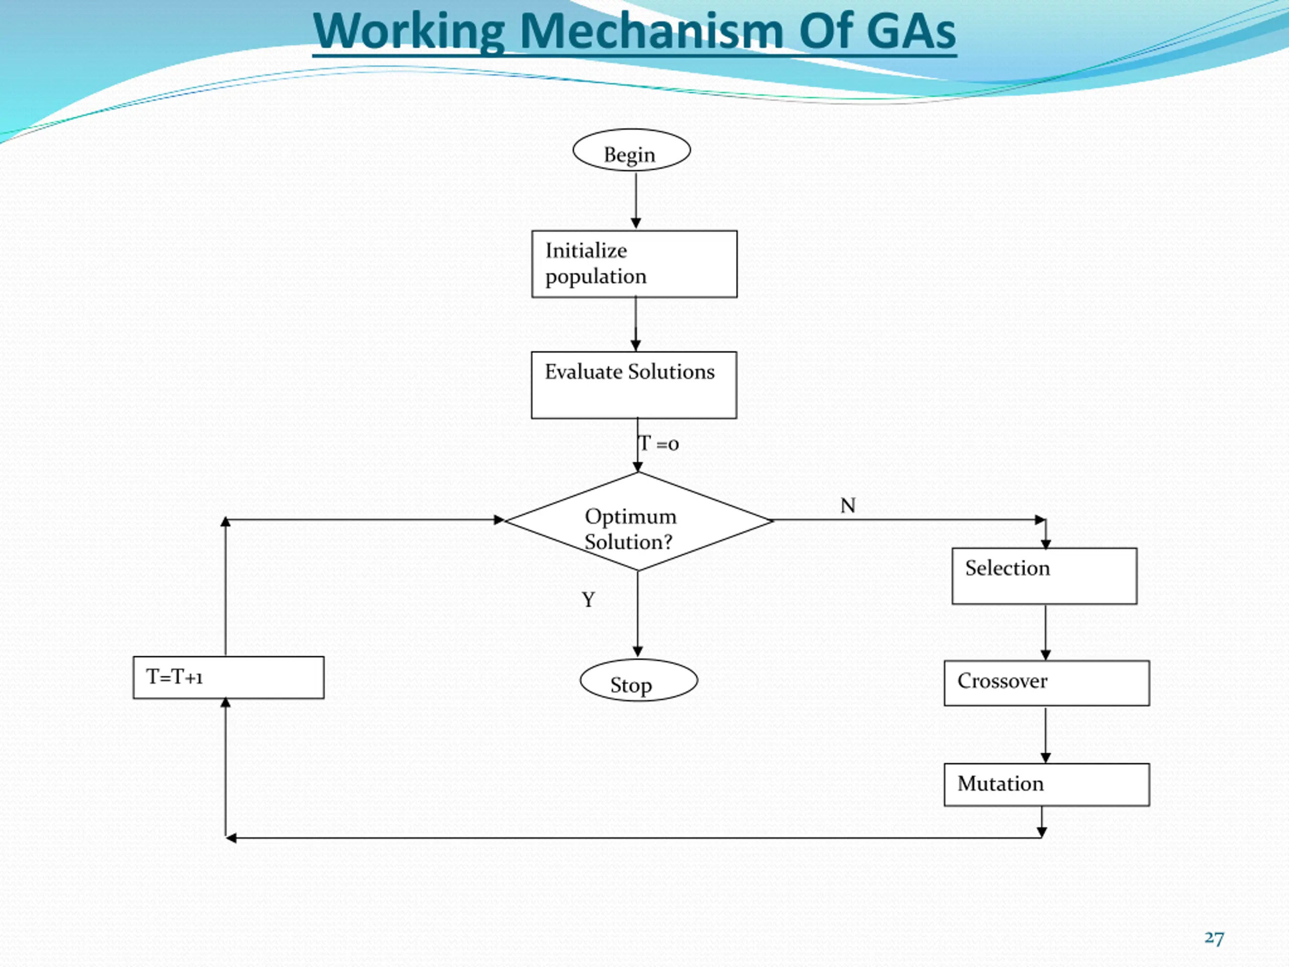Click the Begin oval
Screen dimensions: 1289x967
click(632, 150)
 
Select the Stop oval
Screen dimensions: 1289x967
click(638, 680)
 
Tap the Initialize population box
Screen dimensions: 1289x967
click(634, 264)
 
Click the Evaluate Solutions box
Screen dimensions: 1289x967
click(634, 385)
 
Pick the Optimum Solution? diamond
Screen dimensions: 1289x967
click(638, 521)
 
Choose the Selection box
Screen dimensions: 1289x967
click(1044, 576)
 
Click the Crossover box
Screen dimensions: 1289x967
click(1047, 683)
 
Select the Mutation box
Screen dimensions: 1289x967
click(1047, 785)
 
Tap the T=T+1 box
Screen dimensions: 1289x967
click(229, 677)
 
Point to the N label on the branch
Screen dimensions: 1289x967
click(848, 505)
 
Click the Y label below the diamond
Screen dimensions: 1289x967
click(589, 599)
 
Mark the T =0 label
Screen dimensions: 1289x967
click(659, 444)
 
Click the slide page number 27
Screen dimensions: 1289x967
click(1214, 938)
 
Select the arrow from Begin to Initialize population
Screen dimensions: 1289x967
click(636, 200)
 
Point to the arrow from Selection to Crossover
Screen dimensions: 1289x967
click(1045, 633)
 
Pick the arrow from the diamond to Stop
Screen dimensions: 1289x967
click(637, 614)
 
